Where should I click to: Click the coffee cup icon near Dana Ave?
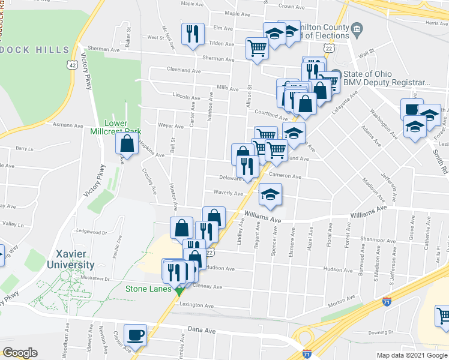135,335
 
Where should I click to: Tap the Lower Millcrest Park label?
115,127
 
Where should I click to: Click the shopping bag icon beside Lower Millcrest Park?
127,144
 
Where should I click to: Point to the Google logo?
20,353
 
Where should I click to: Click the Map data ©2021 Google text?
411,355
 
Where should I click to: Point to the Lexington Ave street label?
196,305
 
